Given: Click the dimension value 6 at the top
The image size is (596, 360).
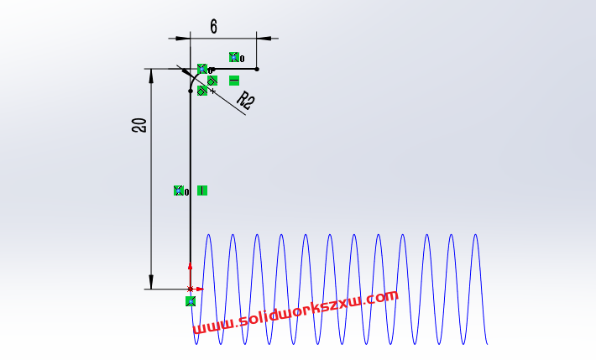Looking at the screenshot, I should tap(213, 27).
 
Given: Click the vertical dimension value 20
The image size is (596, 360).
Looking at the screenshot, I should tap(139, 126).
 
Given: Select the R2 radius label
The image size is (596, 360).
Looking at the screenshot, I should tap(245, 102).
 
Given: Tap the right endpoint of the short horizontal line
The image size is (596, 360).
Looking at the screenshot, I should tap(257, 69).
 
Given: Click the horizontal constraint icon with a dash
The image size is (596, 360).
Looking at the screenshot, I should tap(234, 81).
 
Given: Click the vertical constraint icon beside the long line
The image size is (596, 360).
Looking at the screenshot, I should tap(202, 190).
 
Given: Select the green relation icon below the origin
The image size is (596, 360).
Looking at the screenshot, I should tap(191, 300).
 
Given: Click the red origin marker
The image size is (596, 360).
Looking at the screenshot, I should tap(191, 288).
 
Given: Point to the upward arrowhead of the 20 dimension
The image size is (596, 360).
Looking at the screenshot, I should tap(152, 75).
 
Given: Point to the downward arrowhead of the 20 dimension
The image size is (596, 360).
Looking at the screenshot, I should tap(152, 283).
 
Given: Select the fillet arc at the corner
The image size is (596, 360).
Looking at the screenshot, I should tap(194, 76).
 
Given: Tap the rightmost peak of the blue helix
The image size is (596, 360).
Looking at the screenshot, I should tap(475, 236).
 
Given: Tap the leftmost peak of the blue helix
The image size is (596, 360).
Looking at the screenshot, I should tap(207, 236).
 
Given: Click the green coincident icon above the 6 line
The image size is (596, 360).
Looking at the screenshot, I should tap(234, 57).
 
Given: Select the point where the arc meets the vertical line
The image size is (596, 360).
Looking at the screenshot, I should tap(191, 90).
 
